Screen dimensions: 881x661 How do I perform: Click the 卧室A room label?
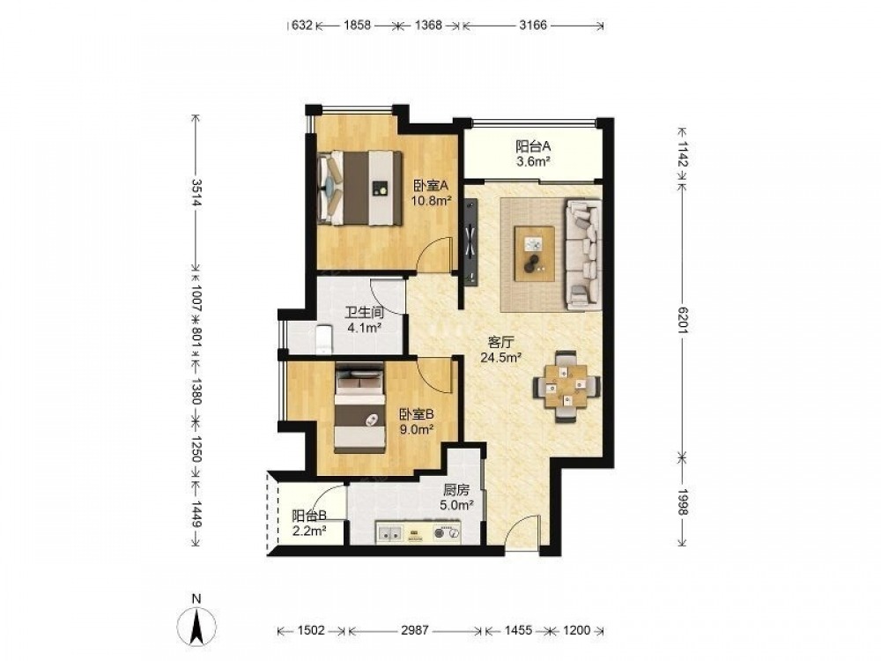pos(431,186)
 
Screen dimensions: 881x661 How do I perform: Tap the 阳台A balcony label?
pos(533,146)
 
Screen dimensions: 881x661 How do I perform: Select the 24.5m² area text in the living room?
pos(502,357)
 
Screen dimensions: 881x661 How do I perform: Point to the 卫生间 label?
pos(364,313)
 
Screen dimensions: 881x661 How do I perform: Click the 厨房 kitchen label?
pos(455,490)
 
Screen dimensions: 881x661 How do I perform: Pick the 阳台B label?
pos(309,516)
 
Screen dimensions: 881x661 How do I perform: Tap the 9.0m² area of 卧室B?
pos(416,430)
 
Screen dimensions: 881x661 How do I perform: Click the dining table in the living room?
pos(566,386)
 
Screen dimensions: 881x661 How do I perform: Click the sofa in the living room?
pos(584,255)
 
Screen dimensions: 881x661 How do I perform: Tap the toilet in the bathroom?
pos(324,339)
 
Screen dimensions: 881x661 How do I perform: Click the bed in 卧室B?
pos(359,407)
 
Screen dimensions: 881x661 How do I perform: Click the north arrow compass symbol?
pos(196,626)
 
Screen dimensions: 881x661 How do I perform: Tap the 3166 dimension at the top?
pos(533,25)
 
